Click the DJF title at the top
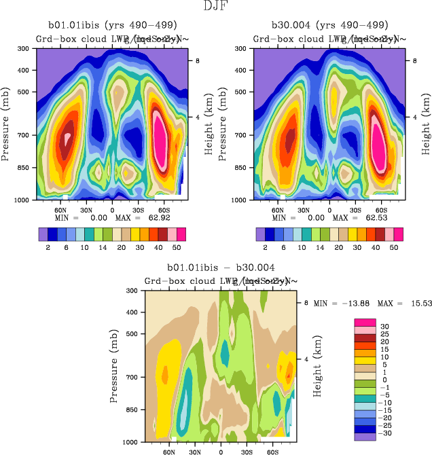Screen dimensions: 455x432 [216, 7]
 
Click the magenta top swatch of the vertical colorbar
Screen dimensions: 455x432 [364, 323]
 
